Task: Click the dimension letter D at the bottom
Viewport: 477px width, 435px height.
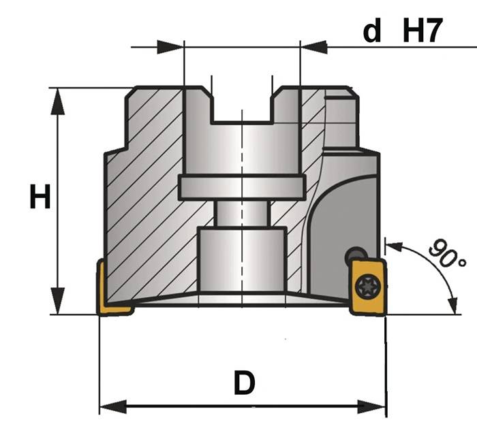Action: pos(243,384)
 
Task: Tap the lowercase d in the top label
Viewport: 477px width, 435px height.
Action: pos(371,31)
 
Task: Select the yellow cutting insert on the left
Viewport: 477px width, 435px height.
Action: pos(110,289)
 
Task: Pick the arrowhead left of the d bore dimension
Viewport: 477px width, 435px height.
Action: pos(170,47)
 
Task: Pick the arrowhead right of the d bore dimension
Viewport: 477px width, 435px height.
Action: pos(313,47)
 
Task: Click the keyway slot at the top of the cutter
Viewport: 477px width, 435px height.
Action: pos(242,106)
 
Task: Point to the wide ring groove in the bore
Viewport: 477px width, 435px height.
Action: pos(242,187)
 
